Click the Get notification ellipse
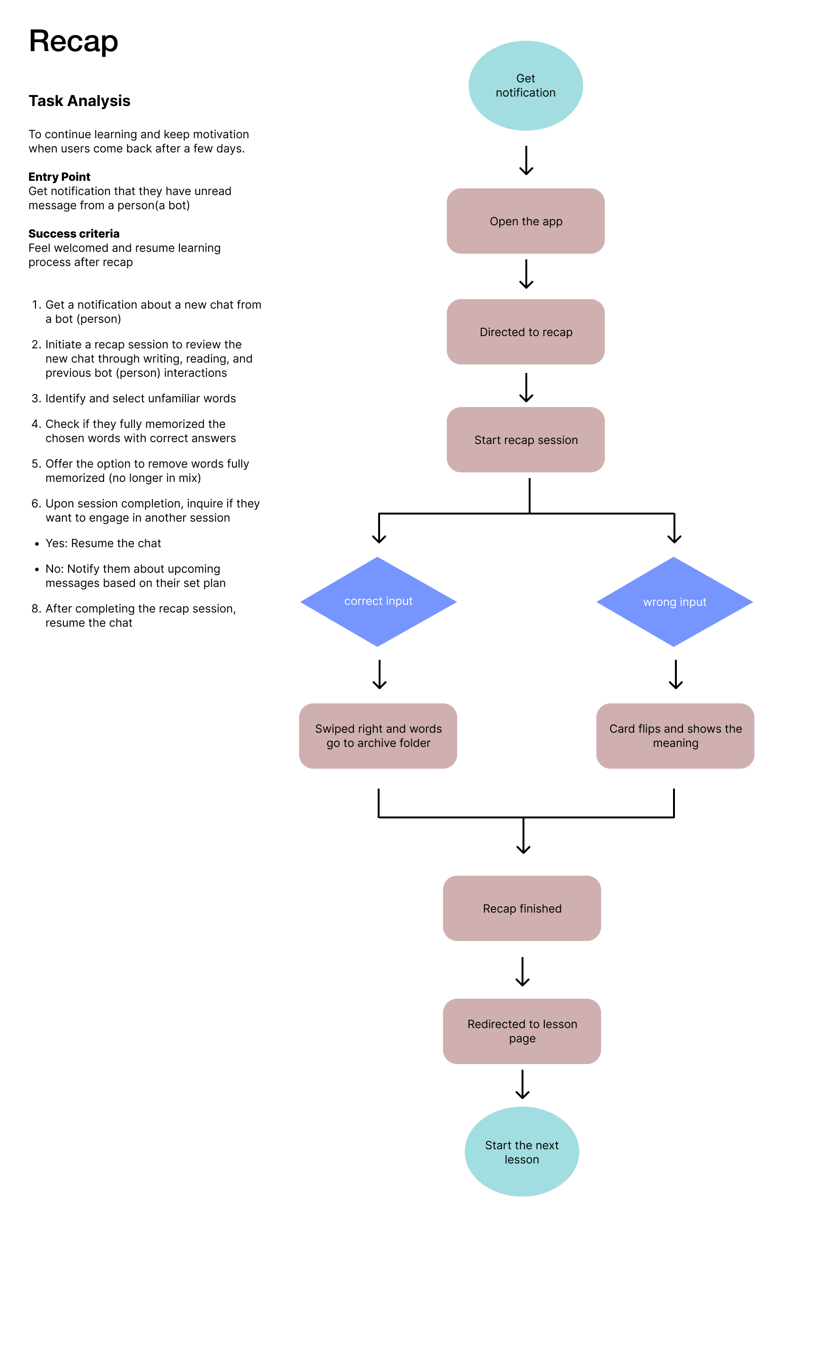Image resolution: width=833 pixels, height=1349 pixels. click(525, 85)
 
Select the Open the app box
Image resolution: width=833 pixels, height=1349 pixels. click(525, 221)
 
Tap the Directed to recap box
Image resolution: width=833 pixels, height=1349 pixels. click(525, 332)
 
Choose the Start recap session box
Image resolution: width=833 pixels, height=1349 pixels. click(525, 440)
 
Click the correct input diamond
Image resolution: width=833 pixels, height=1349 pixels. click(379, 602)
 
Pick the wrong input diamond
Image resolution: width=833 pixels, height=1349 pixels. click(675, 602)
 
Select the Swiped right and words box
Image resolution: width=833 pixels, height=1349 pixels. click(378, 736)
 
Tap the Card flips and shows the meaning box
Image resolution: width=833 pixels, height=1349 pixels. click(675, 736)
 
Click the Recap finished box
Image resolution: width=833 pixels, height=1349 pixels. click(522, 908)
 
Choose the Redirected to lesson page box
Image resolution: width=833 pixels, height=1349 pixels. click(522, 1031)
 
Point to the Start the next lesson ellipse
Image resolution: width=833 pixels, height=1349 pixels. click(522, 1152)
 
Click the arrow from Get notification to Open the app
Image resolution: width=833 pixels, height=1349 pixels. click(526, 160)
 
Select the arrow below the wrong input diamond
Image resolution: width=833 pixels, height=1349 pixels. click(676, 675)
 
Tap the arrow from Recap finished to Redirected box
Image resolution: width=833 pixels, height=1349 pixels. click(522, 972)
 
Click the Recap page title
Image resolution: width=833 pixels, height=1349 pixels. click(73, 42)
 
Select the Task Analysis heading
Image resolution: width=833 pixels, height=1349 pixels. click(80, 101)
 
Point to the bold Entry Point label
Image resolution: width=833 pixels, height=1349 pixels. click(60, 177)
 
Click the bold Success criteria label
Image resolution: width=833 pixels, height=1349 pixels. click(74, 233)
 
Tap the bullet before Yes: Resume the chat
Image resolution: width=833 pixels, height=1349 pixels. click(37, 544)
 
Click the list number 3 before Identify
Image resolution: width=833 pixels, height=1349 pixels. click(36, 398)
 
